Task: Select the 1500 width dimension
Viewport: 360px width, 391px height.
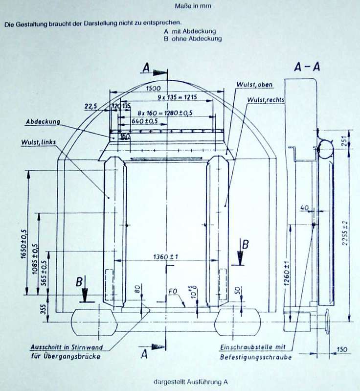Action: [155, 88]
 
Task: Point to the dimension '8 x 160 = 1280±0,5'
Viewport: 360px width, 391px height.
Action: [164, 113]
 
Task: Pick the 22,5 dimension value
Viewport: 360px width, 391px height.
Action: [91, 106]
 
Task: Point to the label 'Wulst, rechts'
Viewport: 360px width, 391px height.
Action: [266, 100]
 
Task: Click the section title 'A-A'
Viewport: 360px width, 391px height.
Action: [307, 68]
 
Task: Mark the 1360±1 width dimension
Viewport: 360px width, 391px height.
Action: [166, 257]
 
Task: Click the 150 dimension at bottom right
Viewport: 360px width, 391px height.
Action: [341, 349]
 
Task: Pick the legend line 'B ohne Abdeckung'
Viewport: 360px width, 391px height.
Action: [193, 38]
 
